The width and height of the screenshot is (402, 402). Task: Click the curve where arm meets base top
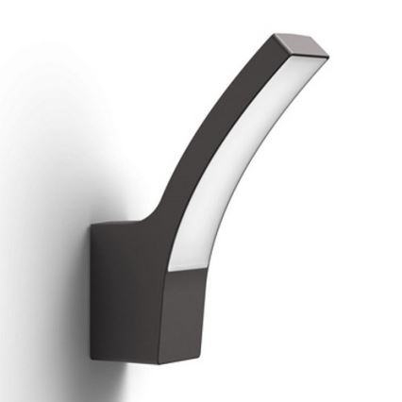pyautogui.click(x=151, y=212)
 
